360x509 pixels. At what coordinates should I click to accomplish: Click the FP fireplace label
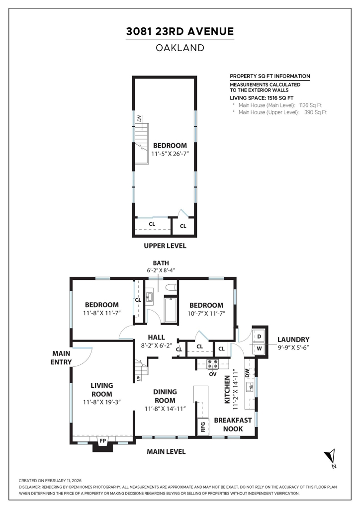(x=102, y=440)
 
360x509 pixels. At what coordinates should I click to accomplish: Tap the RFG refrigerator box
(x=203, y=426)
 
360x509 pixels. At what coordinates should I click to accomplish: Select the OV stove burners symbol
(x=213, y=364)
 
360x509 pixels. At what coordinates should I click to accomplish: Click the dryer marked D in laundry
(x=259, y=337)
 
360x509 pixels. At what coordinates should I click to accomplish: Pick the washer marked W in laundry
(x=259, y=348)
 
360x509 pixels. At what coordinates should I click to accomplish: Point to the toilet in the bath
(x=171, y=288)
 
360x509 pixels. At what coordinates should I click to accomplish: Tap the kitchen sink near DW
(x=250, y=387)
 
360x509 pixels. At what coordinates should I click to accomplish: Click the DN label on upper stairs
(x=139, y=118)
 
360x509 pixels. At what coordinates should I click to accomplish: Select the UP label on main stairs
(x=139, y=378)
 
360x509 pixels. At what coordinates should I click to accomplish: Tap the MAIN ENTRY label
(x=61, y=358)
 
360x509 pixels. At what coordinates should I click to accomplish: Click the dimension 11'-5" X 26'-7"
(x=170, y=154)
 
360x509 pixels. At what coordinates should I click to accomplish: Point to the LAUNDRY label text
(x=293, y=339)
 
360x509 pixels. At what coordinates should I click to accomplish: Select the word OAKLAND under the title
(x=180, y=48)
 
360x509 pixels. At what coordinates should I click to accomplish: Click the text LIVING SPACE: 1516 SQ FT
(x=262, y=98)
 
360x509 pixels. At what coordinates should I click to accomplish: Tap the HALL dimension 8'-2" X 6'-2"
(x=156, y=346)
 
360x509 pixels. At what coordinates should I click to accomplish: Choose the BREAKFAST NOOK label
(x=233, y=424)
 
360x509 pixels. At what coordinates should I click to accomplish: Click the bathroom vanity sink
(x=150, y=297)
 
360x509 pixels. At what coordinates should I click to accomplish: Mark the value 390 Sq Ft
(x=316, y=112)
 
